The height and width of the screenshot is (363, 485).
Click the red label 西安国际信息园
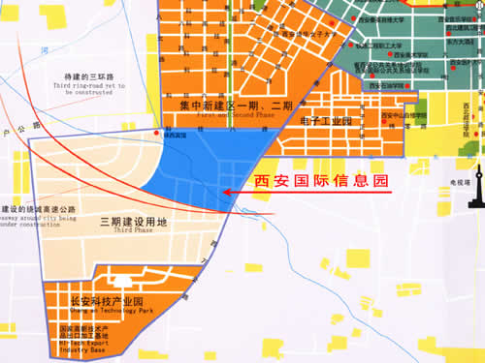tap(320, 181)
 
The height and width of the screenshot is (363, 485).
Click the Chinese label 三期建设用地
tap(134, 222)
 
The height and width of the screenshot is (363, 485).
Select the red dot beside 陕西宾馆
tap(158, 134)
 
